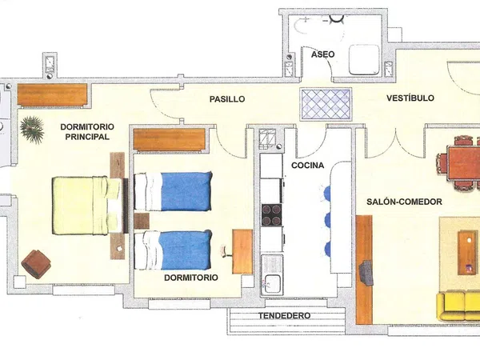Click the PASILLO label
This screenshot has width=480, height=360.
[x=227, y=99]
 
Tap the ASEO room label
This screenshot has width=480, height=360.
[x=323, y=54]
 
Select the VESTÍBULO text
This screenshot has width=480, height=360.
[x=410, y=98]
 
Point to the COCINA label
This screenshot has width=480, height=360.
[x=307, y=166]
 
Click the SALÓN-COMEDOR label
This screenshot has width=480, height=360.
[x=404, y=202]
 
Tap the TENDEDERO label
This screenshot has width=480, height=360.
[x=284, y=316]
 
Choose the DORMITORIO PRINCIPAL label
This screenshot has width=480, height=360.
[x=87, y=132]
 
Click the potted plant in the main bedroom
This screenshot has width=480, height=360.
[x=32, y=130]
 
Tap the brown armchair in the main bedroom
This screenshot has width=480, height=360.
[x=36, y=264]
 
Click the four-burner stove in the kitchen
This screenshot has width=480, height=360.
[x=271, y=215]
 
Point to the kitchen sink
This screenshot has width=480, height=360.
[x=272, y=275]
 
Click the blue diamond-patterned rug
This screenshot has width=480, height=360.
[x=326, y=104]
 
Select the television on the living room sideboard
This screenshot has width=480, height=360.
[x=366, y=273]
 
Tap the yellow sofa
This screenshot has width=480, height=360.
[x=458, y=306]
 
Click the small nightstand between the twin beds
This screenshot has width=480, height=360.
[x=142, y=221]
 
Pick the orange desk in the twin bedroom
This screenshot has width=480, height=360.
[x=242, y=252]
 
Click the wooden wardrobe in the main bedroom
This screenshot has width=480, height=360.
[x=52, y=94]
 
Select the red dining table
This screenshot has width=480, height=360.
[x=463, y=163]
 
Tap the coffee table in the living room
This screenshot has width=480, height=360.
[x=467, y=253]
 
